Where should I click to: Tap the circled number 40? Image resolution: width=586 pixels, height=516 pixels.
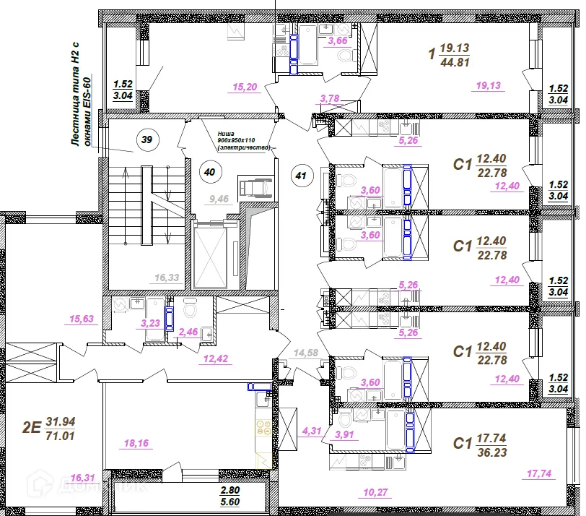pyautogui.click(x=209, y=172)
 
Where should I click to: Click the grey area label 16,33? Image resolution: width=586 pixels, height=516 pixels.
pyautogui.click(x=167, y=277)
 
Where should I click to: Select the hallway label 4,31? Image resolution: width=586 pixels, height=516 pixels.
pyautogui.click(x=311, y=431)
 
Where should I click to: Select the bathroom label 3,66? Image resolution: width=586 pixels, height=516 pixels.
pyautogui.click(x=338, y=42)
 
